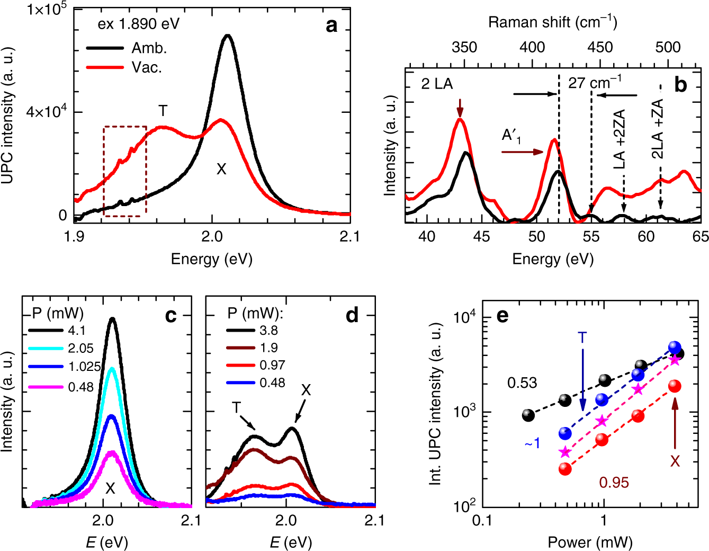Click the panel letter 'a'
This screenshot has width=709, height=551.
pos(331,25)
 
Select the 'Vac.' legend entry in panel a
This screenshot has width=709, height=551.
pos(147,67)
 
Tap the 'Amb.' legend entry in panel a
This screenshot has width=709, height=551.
pos(149,48)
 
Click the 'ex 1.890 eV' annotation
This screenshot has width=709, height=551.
pos(139,24)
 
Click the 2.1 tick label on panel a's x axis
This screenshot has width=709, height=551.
pos(350,236)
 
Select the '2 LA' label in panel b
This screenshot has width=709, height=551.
pos(437,84)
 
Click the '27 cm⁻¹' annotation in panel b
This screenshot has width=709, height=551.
pos(595,83)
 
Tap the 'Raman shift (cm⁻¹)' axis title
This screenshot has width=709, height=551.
pos(552,22)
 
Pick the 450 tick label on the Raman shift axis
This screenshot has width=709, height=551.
pos(600,47)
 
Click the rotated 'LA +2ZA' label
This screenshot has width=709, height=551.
pos(620,139)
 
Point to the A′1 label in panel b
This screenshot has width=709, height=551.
pos(511,136)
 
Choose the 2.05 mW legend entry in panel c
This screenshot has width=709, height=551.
pos(80,348)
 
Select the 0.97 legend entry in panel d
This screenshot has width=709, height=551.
pos(272,365)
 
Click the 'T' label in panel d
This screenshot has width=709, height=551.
pos(236,407)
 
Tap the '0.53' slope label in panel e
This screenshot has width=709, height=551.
pos(522,383)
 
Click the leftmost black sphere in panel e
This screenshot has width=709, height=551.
pos(528,415)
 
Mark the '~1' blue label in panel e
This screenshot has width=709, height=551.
pos(533,443)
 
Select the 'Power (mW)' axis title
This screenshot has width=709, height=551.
pos(590,542)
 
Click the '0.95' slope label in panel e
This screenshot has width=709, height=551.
pos(614,482)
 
